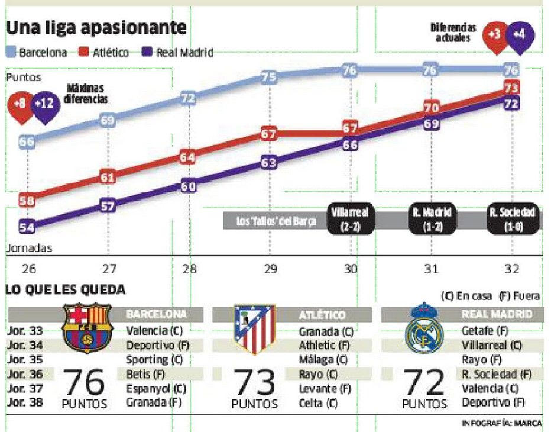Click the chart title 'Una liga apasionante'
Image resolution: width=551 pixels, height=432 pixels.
point(96,27)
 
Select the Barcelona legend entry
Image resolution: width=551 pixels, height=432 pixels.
point(37,53)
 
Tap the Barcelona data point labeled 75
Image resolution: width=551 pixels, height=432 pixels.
point(269,77)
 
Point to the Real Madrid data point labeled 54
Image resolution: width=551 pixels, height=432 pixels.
point(27,227)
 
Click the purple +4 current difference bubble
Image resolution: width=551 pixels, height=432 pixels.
point(519,34)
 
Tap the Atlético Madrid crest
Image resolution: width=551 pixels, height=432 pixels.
point(254,330)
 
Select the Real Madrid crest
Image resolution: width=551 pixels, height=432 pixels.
point(423,328)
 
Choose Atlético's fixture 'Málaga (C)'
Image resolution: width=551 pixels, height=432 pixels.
point(323,360)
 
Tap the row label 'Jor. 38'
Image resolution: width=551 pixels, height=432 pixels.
point(24,402)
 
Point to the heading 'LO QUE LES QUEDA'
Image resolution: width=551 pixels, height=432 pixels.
point(65,290)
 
